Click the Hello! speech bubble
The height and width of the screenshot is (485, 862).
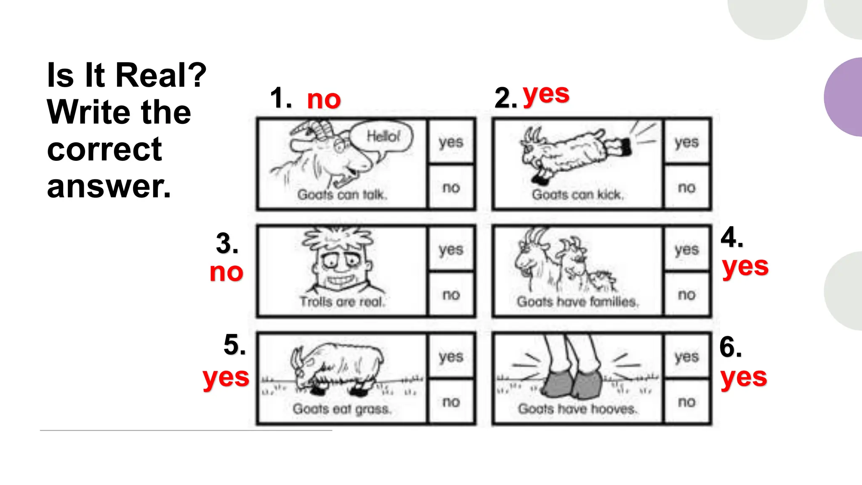(x=382, y=136)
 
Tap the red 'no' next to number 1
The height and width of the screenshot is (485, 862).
(x=324, y=100)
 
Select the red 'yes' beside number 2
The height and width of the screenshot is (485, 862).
(x=546, y=94)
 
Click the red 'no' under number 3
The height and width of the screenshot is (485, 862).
(x=226, y=272)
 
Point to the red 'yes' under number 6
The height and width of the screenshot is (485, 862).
(x=744, y=378)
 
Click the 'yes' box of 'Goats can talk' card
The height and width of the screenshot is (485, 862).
(x=451, y=142)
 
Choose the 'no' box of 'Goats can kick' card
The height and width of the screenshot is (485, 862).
(x=686, y=187)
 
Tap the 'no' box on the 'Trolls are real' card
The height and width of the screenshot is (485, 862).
(x=451, y=294)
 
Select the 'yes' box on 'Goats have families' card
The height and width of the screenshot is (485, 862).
(x=686, y=249)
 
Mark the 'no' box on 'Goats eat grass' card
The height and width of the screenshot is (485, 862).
(x=451, y=402)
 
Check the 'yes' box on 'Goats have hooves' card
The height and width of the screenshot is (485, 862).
(x=686, y=357)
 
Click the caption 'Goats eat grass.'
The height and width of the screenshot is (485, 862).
(x=342, y=409)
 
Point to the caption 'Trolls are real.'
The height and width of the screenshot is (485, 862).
(x=342, y=301)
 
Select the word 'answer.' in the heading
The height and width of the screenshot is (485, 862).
(x=109, y=187)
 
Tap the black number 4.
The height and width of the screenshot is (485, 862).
(x=732, y=237)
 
